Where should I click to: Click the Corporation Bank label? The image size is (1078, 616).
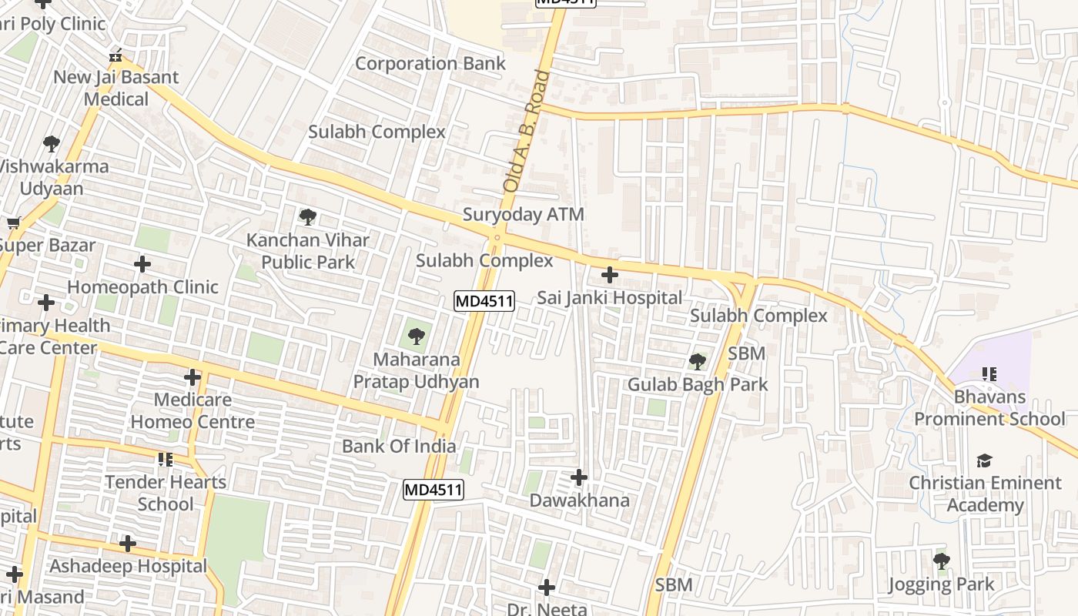(x=430, y=64)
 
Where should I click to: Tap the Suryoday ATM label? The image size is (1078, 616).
(x=523, y=215)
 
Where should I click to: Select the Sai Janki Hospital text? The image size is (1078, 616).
(x=609, y=298)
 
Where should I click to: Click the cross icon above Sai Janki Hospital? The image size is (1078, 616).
(x=609, y=275)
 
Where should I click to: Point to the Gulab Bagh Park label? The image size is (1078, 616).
(x=698, y=384)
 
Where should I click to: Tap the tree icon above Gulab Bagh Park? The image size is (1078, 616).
(x=698, y=361)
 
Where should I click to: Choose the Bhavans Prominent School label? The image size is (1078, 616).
(x=989, y=408)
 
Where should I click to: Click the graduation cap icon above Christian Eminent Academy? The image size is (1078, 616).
(x=984, y=460)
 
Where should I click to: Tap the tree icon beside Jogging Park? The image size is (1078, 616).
(x=941, y=561)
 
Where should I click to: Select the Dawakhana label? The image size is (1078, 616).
(x=579, y=500)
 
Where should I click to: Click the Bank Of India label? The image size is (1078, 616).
(x=398, y=447)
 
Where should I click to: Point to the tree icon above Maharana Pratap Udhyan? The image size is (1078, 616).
(x=416, y=336)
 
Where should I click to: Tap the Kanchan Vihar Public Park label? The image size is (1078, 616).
(x=308, y=251)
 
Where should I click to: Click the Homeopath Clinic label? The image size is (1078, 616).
(x=142, y=287)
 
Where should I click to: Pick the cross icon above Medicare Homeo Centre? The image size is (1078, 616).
(x=192, y=377)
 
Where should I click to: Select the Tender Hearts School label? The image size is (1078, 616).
(x=166, y=493)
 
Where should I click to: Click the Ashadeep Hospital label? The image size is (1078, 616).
(x=128, y=567)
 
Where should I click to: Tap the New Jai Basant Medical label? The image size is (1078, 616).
(x=115, y=88)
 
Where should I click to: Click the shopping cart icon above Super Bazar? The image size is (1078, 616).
(x=13, y=223)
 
